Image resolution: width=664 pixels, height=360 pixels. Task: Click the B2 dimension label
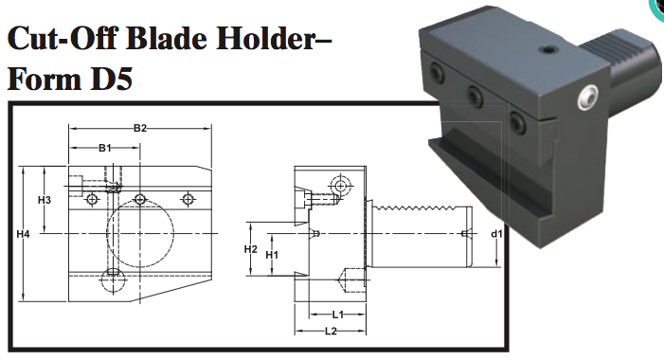(x=139, y=128)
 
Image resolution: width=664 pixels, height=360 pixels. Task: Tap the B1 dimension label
(x=105, y=148)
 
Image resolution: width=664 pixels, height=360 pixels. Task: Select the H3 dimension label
(x=44, y=201)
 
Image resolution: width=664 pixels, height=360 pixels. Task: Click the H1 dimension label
(x=272, y=256)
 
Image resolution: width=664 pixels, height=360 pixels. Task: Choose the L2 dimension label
(x=331, y=331)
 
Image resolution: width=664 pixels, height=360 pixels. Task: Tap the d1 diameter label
(x=495, y=234)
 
